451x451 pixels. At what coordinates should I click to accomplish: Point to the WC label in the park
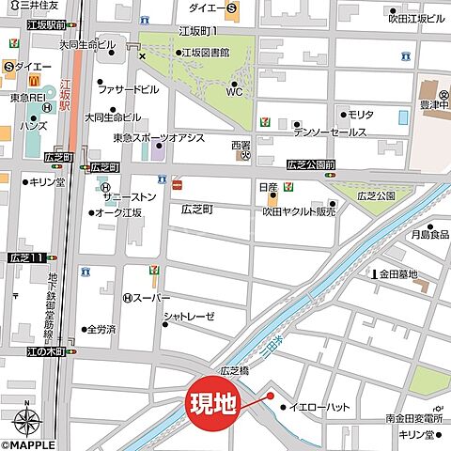click(235, 92)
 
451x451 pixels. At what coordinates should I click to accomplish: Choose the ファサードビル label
click(128, 91)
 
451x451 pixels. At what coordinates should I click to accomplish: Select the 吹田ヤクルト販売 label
click(299, 212)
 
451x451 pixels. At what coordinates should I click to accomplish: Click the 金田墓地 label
click(397, 274)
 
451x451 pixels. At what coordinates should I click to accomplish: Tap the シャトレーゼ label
click(189, 317)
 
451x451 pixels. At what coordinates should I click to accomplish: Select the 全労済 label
click(101, 330)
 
